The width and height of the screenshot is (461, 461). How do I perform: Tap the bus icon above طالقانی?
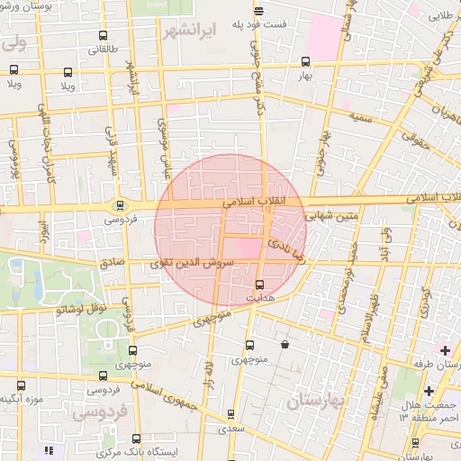point(104,38)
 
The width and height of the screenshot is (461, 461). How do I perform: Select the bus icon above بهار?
point(306,62)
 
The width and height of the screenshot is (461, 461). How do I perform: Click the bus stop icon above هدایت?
point(259,285)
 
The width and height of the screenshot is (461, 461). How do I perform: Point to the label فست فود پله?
point(258,24)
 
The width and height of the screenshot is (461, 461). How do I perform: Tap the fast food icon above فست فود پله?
point(258,11)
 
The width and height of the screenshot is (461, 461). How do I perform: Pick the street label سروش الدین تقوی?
point(195,262)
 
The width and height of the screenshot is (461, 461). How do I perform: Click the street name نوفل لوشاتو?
point(84,309)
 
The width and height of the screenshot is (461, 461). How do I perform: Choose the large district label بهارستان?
point(321,402)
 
